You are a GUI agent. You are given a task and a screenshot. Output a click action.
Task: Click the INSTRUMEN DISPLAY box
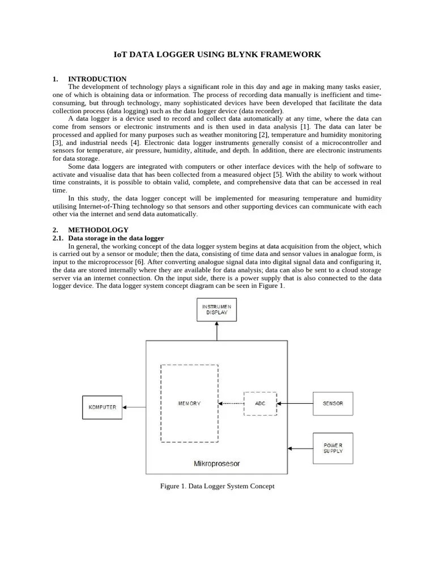coord(216,309)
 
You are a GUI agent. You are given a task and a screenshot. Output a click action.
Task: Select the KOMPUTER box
coord(102,407)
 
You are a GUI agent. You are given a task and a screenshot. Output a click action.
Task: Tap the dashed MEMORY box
coord(189,403)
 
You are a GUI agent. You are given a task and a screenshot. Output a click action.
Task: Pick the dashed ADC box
coord(260,403)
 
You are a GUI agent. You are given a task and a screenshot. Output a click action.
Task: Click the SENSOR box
coord(332,403)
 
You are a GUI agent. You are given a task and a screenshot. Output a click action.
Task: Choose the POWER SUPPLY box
coord(332,448)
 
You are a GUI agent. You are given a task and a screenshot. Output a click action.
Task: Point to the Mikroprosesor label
coord(216,463)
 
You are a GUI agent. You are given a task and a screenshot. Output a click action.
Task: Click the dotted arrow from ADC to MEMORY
coord(231,403)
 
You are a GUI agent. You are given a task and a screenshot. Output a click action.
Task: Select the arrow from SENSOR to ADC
coord(295,403)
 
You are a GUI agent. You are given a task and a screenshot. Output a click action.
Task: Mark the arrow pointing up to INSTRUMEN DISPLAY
coord(216,331)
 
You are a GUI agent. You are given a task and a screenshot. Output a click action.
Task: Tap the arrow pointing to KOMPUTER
coord(134,407)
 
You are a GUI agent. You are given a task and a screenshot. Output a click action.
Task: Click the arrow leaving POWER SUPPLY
coord(300,448)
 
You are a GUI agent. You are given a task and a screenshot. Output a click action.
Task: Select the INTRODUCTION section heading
coord(97,79)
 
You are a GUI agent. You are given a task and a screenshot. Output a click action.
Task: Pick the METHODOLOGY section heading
coord(98,230)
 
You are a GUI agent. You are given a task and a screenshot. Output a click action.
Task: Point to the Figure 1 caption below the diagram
coord(217,486)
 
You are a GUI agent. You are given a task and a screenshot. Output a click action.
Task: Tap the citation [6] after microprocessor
coord(139,262)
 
